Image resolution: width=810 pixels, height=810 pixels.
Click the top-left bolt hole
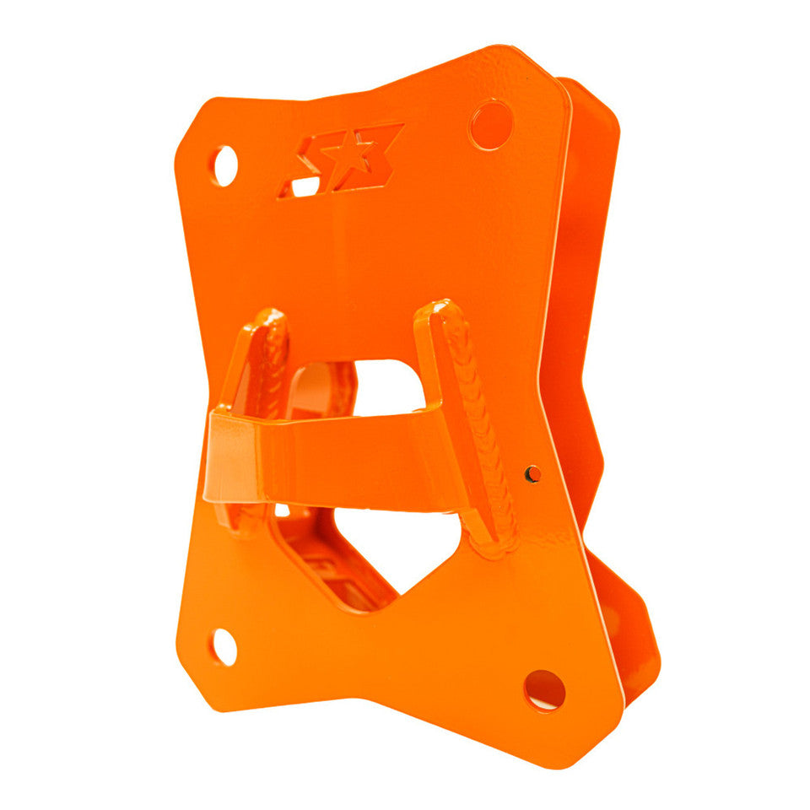pos(224,165)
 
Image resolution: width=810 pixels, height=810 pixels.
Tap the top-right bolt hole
pos(491,125)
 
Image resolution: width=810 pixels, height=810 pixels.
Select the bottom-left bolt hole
pos(224,646)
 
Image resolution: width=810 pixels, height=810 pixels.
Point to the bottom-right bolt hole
pos(544,689)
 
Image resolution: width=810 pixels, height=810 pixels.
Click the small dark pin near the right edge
pos(532,474)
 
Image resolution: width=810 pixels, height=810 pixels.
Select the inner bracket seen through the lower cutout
pos(329,565)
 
